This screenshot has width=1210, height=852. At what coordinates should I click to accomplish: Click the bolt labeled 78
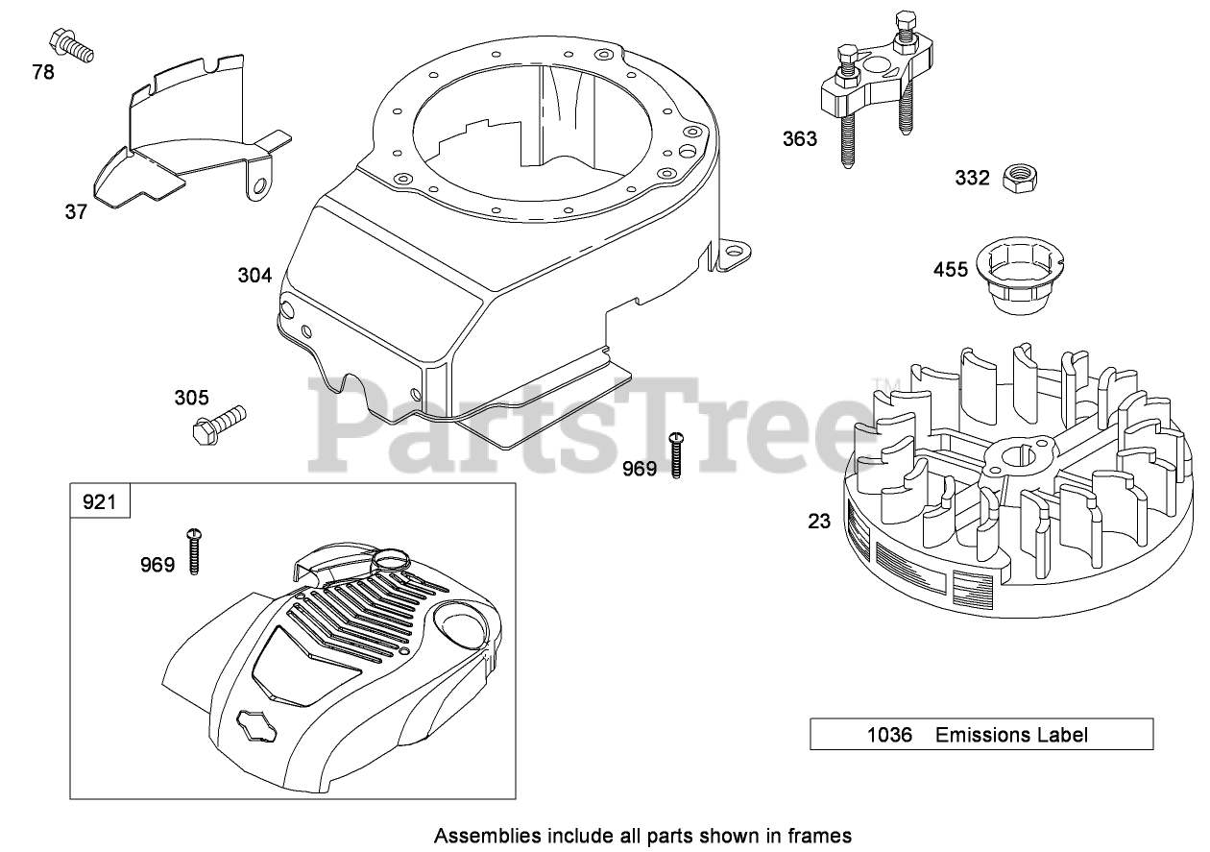(70, 44)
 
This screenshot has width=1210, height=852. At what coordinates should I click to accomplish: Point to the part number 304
(255, 276)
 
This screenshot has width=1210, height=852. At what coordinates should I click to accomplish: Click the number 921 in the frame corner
(99, 501)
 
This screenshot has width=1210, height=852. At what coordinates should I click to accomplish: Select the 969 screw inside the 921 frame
(194, 551)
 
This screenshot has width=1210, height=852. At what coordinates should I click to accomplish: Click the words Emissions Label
(1011, 735)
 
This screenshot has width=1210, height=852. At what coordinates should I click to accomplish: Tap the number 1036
(889, 735)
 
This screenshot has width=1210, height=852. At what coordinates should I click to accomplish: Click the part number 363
(800, 139)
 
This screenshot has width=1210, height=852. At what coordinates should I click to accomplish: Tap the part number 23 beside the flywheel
(819, 522)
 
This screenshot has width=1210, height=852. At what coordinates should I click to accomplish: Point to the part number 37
(76, 211)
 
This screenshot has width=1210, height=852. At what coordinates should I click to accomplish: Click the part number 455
(951, 270)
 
